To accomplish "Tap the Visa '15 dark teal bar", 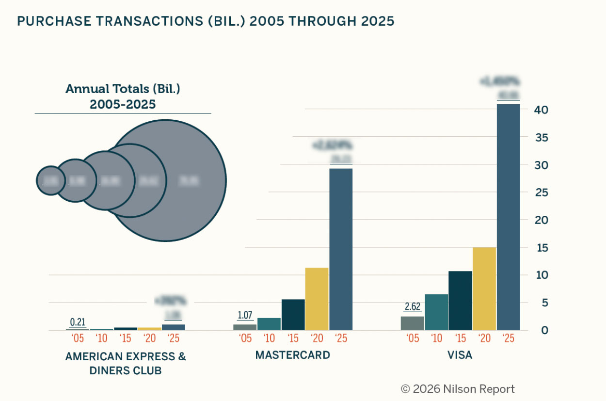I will (x=460, y=301).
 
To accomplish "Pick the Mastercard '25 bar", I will (x=341, y=249).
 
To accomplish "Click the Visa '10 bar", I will (x=436, y=312).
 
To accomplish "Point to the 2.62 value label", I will (x=413, y=307).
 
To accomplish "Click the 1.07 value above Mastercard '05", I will (x=245, y=315).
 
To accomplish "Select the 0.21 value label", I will (x=78, y=322).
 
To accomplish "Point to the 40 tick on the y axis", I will (x=542, y=110).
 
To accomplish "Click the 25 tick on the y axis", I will (x=542, y=192).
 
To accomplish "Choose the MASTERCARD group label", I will (x=292, y=355).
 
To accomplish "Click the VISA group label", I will (x=460, y=355).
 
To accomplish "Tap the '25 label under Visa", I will (x=509, y=338).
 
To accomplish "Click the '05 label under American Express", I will (x=78, y=338).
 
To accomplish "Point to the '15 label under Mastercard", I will (x=293, y=338).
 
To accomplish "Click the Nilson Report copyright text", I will (x=458, y=389).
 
